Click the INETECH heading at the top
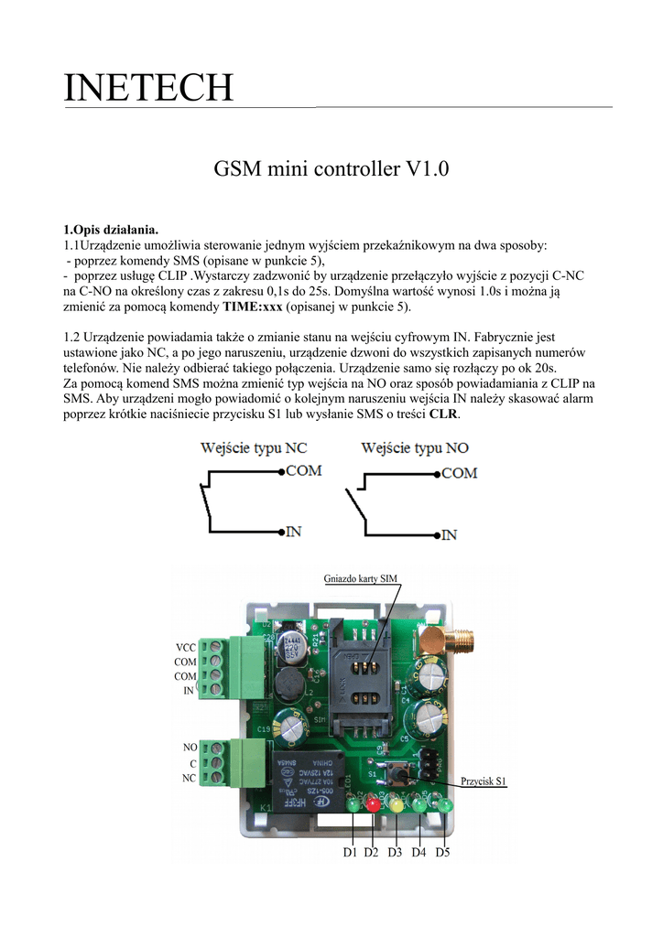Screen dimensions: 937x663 [x=148, y=88]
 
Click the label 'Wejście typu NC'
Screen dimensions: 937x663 [x=254, y=449]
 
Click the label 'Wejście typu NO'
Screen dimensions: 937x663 [x=415, y=449]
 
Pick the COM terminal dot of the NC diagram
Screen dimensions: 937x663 [x=280, y=472]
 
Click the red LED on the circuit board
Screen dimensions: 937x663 [x=373, y=805]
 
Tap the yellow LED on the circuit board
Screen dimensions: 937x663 [x=396, y=806]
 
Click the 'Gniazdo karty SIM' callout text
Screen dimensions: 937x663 [x=361, y=578]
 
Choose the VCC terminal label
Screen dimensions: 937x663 [x=186, y=647]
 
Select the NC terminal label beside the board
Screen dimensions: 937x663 [x=189, y=778]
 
